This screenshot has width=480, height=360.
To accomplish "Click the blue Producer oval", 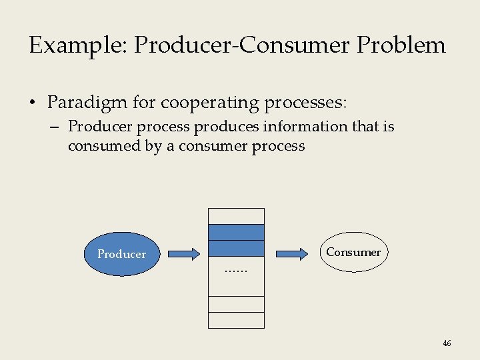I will point(121,254).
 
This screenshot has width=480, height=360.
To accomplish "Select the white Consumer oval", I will point(353,252).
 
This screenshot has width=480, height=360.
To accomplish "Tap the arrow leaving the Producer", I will point(183,254).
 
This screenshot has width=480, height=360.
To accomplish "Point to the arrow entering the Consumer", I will point(291,254).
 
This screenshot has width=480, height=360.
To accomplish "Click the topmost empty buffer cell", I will point(236,216).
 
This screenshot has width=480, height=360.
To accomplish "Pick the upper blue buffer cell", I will point(236,232).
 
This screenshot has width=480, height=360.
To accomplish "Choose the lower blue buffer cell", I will point(236,248).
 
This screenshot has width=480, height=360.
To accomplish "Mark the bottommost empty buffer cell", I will point(236,321).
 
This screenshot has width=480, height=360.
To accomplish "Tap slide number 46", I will point(447,343).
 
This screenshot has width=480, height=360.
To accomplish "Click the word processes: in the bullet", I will point(307,103).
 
